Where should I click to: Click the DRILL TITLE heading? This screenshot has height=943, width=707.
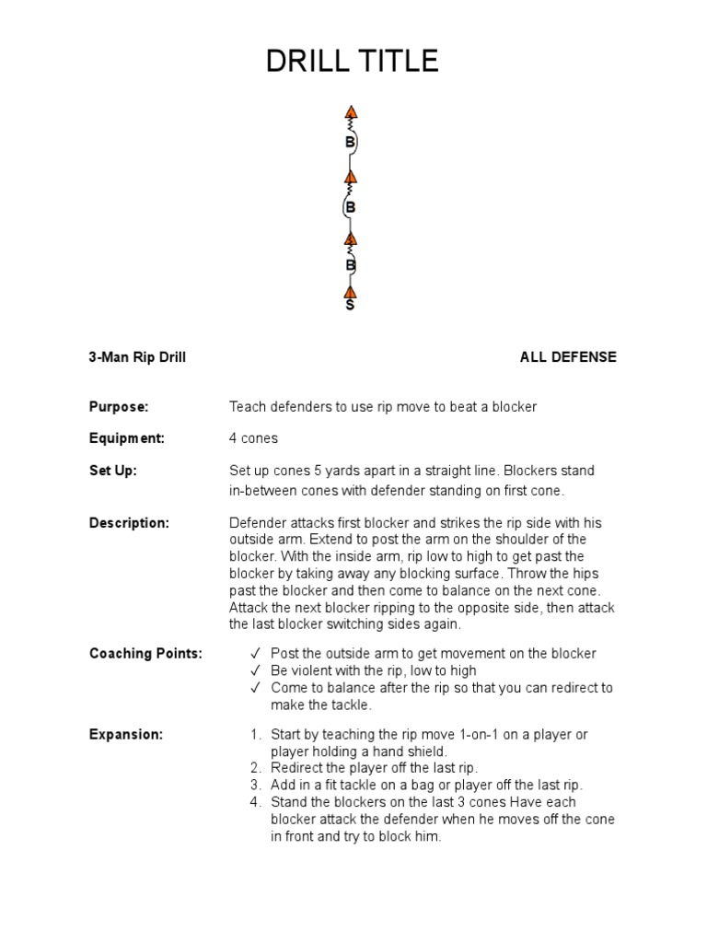coord(353,62)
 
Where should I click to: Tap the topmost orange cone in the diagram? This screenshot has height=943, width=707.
coord(351,113)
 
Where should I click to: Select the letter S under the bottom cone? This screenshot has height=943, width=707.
coord(350,305)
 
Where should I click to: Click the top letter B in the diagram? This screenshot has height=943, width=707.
coord(350,143)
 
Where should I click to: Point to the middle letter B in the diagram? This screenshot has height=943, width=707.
coord(350,207)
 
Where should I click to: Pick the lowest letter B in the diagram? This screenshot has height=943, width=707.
coord(350,265)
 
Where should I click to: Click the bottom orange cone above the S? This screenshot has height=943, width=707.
coord(350,292)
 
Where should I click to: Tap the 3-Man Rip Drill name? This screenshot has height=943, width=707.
coord(137,357)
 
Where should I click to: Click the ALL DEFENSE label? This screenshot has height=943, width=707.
coord(568,357)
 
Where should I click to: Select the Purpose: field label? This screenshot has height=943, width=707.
coord(119,406)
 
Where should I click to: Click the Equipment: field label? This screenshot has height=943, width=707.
coord(127,438)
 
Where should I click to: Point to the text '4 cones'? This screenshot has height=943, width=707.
coord(253,438)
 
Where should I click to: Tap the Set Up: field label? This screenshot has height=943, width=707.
coord(113,471)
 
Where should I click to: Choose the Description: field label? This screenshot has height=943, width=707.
coord(129,523)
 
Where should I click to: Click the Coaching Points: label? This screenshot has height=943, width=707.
coord(145,654)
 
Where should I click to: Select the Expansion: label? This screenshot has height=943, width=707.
coord(126,735)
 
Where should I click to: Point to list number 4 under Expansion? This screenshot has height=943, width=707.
coord(256,802)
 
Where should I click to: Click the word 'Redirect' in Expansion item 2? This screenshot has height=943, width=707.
coord(297,768)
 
